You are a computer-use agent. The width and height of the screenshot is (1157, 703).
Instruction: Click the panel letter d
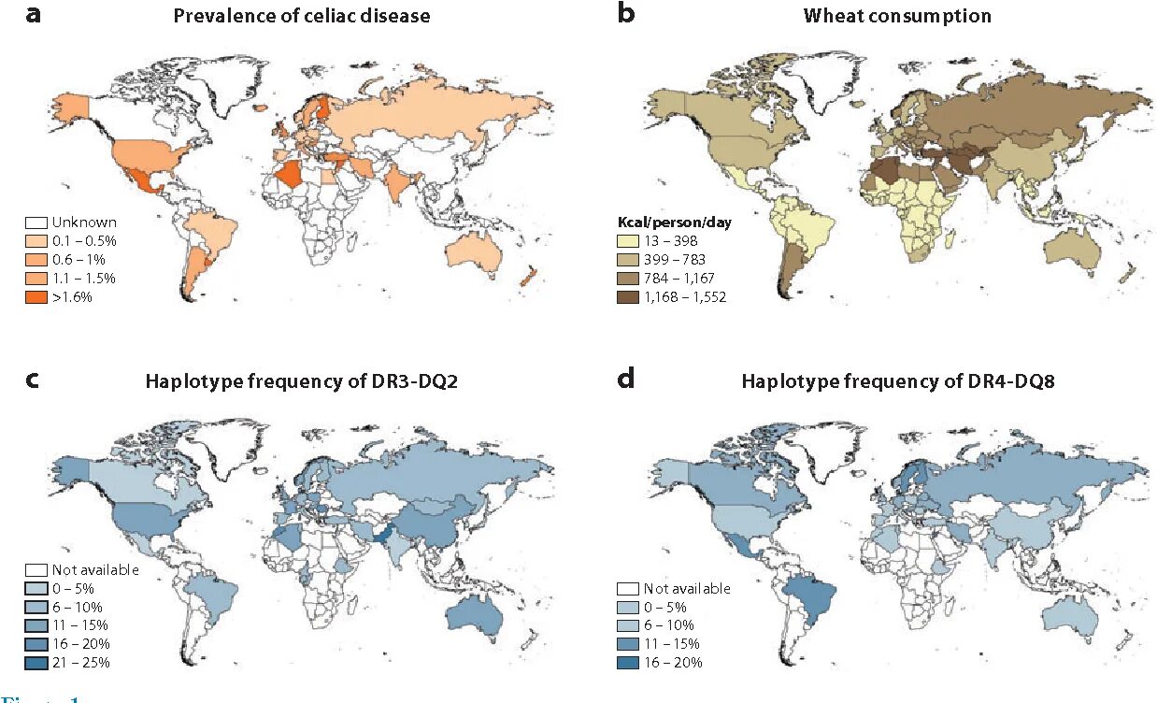[626, 380]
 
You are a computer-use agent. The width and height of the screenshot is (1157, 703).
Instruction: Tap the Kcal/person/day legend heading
[669, 223]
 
